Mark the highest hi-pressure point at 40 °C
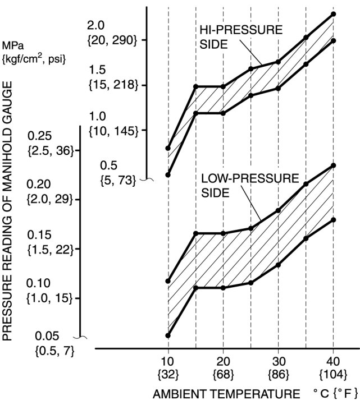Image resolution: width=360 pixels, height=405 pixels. (334, 14)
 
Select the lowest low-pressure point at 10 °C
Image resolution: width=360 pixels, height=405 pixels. (168, 335)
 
